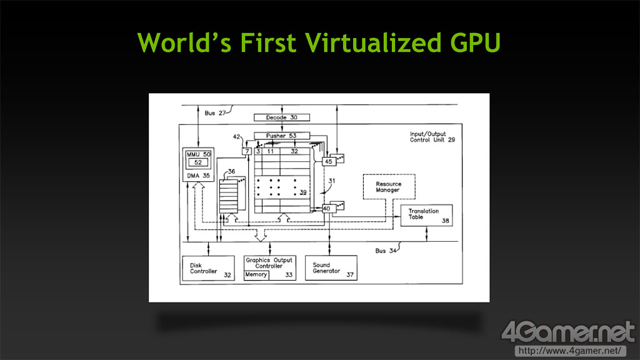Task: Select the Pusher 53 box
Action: tap(282, 136)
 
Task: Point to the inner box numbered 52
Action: tap(200, 162)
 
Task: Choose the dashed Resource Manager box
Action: tap(388, 187)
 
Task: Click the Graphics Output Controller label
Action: tap(269, 262)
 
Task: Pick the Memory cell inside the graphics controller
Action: tap(256, 275)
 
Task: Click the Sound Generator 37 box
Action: tap(331, 268)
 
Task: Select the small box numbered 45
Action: tap(328, 161)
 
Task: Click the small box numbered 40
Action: tap(326, 209)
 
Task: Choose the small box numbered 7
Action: tap(247, 152)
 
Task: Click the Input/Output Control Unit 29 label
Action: tap(432, 137)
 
